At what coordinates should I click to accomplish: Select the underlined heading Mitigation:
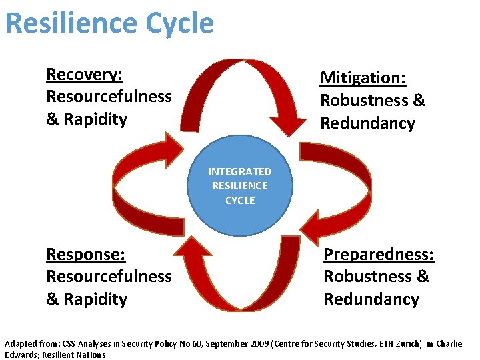pyautogui.click(x=363, y=78)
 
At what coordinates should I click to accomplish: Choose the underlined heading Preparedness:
pyautogui.click(x=379, y=254)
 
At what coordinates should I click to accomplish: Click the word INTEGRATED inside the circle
pyautogui.click(x=240, y=172)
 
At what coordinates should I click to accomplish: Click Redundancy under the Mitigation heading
pyautogui.click(x=367, y=123)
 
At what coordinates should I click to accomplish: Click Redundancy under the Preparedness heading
pyautogui.click(x=371, y=299)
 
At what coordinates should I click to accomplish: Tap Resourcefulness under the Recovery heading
pyautogui.click(x=109, y=97)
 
